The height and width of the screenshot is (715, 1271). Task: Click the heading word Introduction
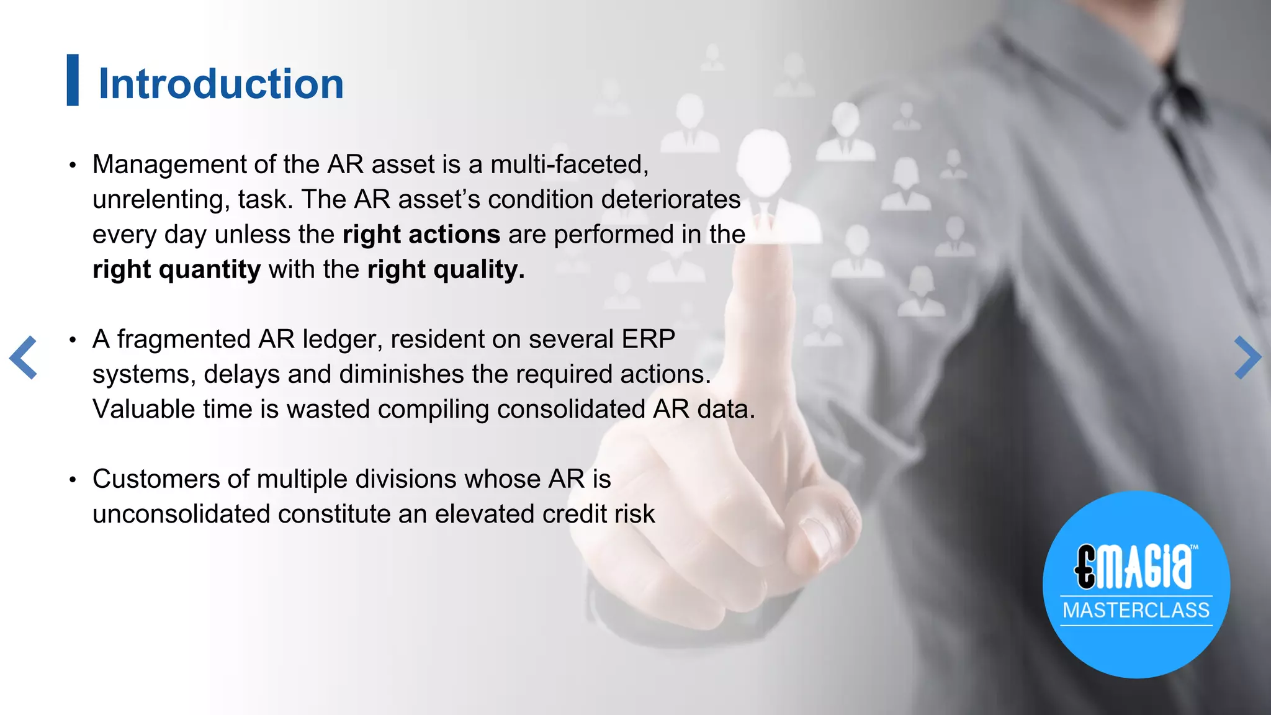tap(221, 84)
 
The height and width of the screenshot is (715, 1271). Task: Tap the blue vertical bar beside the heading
tap(73, 80)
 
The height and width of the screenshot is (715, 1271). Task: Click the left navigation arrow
tap(24, 357)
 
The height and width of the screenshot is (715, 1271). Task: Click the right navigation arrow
tap(1247, 357)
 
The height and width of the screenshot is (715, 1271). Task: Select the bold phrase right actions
tap(421, 235)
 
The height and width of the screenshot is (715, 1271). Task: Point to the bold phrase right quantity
tap(176, 269)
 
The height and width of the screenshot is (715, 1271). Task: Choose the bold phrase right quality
tap(446, 269)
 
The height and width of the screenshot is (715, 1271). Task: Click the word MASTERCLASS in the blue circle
tap(1136, 610)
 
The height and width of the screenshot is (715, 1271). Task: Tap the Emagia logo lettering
tap(1134, 567)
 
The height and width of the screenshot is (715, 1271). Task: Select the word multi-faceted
tap(569, 164)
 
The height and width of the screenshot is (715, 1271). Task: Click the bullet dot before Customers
tap(73, 480)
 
